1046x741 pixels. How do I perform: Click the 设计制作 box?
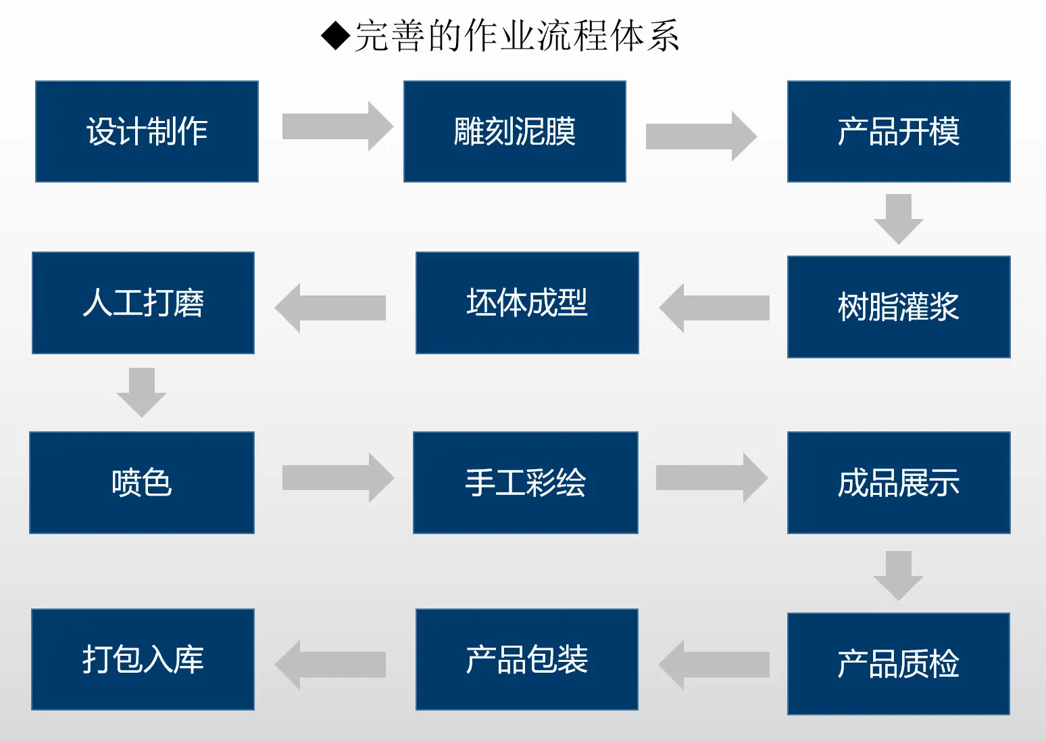coord(147,131)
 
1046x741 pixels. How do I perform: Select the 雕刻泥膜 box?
coord(515,131)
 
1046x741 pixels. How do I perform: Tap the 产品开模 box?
coord(899,131)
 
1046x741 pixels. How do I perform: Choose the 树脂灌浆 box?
coord(899,307)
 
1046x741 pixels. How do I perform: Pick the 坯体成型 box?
coord(527,303)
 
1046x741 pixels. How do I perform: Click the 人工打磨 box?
coord(143,303)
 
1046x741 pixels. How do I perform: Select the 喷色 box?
coord(141,483)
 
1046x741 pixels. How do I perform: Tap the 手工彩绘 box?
coord(525,483)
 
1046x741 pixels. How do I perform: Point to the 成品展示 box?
coord(899,483)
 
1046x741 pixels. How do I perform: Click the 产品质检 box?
coord(899,664)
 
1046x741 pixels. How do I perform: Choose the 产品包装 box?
coord(527,660)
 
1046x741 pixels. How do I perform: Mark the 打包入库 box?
coord(143,660)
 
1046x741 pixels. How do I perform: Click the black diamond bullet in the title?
coord(335,36)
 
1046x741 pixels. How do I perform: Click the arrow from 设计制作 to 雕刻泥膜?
coord(338,126)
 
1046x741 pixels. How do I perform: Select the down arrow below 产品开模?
coord(899,219)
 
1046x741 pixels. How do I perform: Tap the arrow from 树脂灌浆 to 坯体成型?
coord(714,308)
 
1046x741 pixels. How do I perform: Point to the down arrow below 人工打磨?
coord(141,392)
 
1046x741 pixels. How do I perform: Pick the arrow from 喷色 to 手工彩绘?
coord(338,477)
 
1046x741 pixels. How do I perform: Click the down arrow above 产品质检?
coord(899,575)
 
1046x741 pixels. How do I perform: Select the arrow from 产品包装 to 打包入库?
coord(330,665)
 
